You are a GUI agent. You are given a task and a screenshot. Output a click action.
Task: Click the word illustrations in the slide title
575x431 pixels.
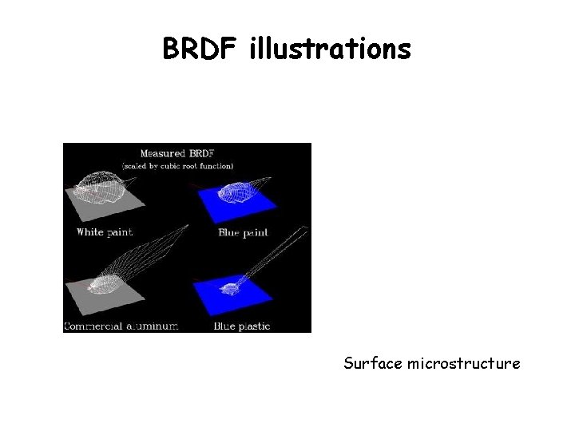pyautogui.click(x=331, y=49)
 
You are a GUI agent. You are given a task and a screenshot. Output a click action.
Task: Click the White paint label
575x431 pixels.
pyautogui.click(x=105, y=232)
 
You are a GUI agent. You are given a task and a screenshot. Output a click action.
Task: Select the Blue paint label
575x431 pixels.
pyautogui.click(x=243, y=232)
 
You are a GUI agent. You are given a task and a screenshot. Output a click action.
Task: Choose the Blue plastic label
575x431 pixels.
pyautogui.click(x=242, y=326)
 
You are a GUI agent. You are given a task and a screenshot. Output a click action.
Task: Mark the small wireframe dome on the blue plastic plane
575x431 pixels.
pyautogui.click(x=234, y=285)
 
